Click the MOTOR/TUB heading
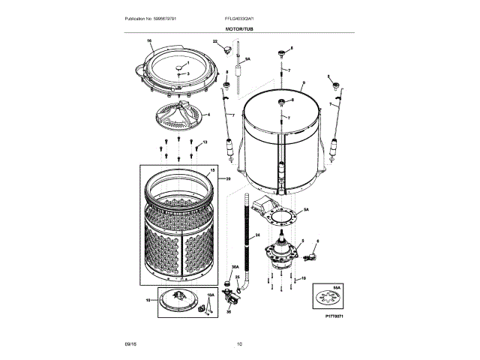coord(240,28)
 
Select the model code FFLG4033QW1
coord(240,17)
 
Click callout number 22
coord(214,43)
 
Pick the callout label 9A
coord(247,58)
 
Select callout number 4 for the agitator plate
coord(208,115)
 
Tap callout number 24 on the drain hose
coord(257,235)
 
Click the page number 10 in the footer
coord(239,344)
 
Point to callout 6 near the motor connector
coord(316,241)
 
